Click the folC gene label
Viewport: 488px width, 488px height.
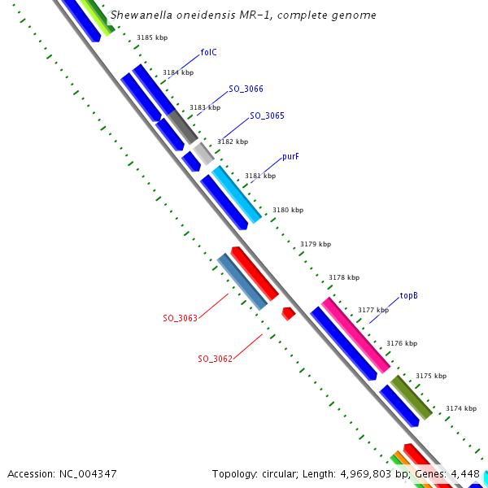(208, 53)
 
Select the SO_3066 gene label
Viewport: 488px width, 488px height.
(246, 89)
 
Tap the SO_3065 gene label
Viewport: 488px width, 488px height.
(267, 115)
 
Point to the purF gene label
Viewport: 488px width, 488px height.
(290, 156)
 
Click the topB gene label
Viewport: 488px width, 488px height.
(408, 296)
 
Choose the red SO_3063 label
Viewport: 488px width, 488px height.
(180, 318)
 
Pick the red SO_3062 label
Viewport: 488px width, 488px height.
(215, 359)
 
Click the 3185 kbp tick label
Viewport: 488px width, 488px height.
(151, 38)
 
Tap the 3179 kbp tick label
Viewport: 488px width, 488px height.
(316, 244)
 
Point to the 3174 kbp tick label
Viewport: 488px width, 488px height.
(460, 408)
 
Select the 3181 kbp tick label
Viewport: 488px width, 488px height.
(260, 176)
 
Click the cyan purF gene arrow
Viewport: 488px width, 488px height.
(237, 194)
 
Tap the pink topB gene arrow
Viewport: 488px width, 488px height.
(355, 333)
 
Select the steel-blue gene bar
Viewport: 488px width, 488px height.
(242, 281)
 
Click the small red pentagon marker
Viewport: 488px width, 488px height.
(288, 313)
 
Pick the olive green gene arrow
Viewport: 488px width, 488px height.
(411, 397)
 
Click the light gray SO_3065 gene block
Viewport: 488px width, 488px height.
(203, 153)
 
